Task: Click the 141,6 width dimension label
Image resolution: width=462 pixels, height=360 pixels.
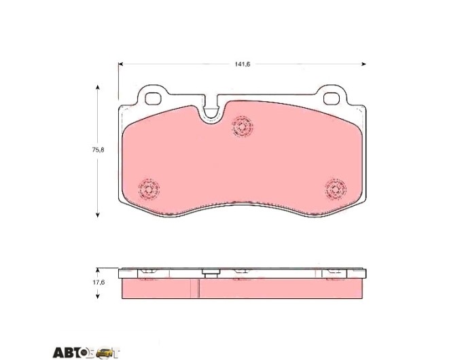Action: [242, 65]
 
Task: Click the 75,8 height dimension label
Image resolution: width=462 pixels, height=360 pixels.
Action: [98, 149]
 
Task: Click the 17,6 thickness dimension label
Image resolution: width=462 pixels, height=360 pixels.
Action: [99, 282]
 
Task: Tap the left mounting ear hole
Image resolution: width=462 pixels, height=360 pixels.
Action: [153, 98]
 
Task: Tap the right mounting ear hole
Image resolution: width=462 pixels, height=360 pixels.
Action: [332, 98]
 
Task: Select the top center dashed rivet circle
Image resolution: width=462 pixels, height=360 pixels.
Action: [242, 126]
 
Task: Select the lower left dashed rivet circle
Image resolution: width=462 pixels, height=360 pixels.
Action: [149, 189]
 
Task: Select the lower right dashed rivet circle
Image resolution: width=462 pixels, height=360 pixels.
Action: [336, 189]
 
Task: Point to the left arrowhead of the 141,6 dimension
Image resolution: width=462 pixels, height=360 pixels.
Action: [120, 64]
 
